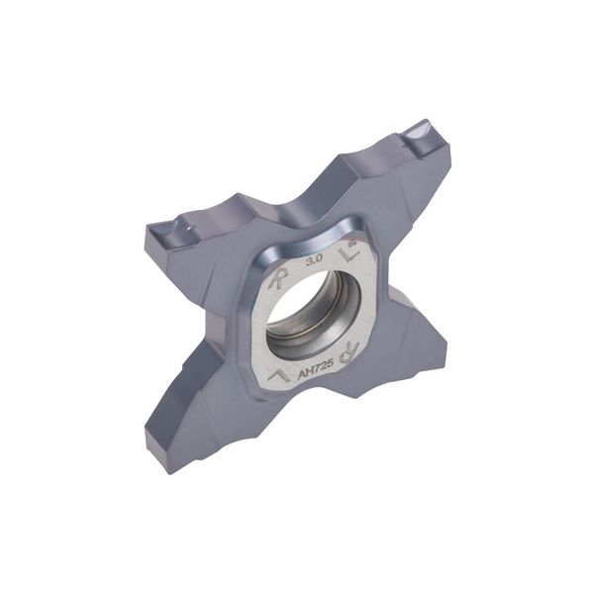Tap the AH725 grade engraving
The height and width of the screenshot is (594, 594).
pos(315,370)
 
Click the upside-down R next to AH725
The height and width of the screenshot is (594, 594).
pos(347,350)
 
